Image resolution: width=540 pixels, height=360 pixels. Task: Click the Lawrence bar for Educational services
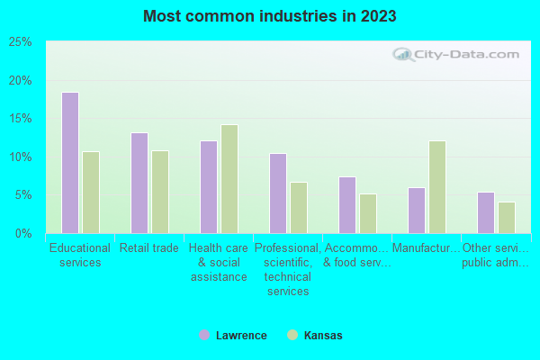(x=70, y=163)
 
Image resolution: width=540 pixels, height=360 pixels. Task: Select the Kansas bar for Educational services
(x=91, y=193)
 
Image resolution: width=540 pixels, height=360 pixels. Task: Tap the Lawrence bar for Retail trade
(x=139, y=183)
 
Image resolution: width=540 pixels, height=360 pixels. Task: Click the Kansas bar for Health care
(x=229, y=179)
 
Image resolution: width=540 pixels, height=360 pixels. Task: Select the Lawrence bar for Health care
(x=209, y=187)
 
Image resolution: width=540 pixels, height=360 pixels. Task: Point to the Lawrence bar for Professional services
(x=278, y=193)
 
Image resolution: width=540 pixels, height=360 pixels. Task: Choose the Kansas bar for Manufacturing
(x=437, y=187)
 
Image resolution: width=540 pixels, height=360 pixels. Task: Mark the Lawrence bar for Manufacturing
(x=417, y=211)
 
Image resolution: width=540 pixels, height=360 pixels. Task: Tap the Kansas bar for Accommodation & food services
(x=368, y=213)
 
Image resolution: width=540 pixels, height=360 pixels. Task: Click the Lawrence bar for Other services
(x=486, y=212)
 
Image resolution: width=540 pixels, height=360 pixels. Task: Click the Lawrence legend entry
(x=233, y=336)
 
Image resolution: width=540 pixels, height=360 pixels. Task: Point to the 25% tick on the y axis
(x=21, y=42)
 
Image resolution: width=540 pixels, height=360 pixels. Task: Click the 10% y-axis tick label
(x=21, y=157)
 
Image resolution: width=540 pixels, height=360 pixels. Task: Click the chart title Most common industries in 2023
(x=269, y=16)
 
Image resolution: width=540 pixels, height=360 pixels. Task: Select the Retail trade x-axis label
(x=149, y=248)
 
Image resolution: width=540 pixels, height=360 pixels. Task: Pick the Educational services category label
(x=80, y=256)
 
